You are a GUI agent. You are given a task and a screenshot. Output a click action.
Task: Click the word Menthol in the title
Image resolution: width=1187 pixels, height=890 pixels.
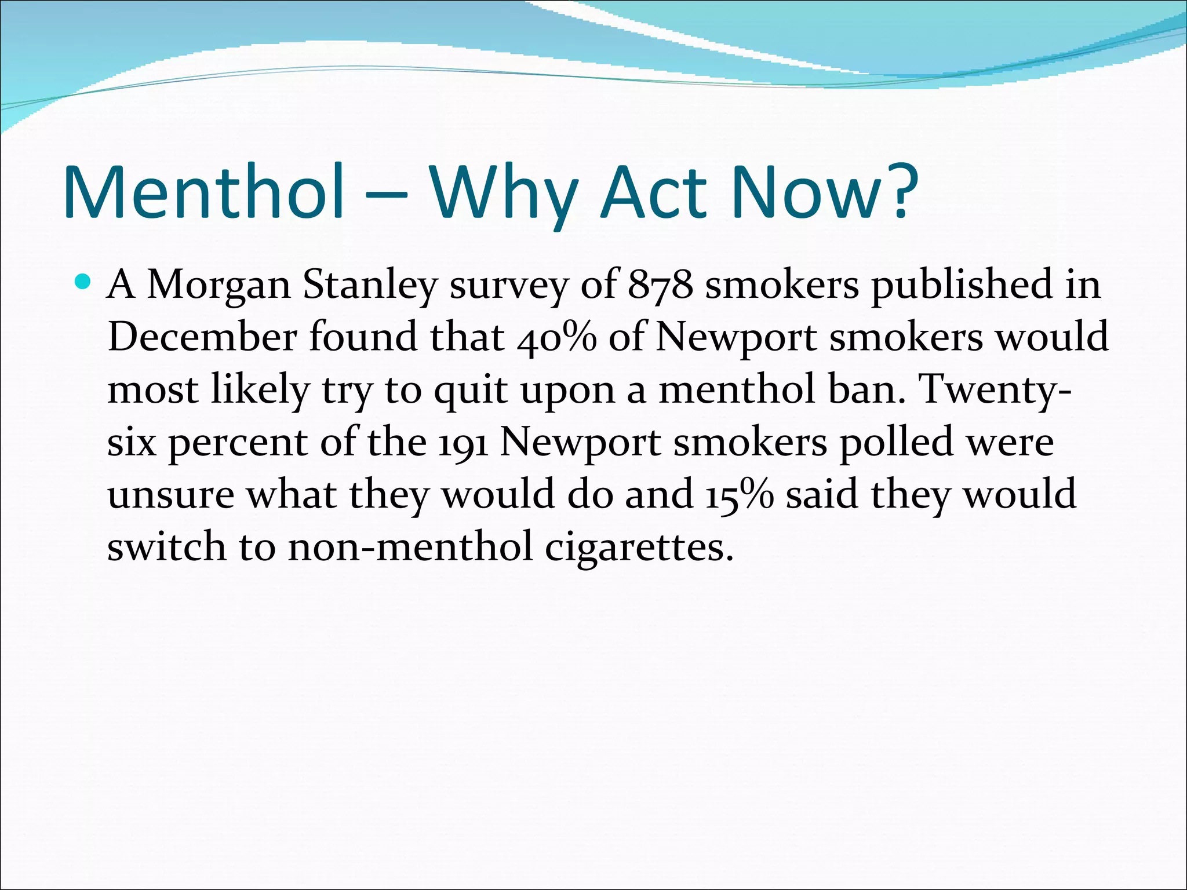(205, 192)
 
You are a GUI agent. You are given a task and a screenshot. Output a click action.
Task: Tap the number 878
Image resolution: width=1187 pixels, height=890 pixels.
(661, 285)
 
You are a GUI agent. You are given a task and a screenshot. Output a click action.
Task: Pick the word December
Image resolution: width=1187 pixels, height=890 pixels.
(202, 337)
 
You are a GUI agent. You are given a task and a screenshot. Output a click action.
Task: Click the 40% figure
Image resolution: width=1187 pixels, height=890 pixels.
(556, 337)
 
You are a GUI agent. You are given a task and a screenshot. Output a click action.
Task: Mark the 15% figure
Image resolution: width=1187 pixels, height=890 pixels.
(740, 494)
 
